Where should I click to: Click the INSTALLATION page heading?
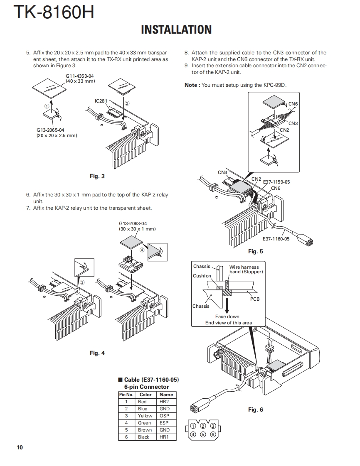click(x=176, y=29)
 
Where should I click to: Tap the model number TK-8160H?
click(x=54, y=12)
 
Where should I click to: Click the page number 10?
click(x=20, y=447)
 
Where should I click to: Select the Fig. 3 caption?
click(x=97, y=176)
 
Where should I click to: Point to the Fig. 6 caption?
click(x=256, y=410)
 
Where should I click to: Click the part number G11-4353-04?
click(x=80, y=76)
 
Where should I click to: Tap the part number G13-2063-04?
click(x=133, y=223)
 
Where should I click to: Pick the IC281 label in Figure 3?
click(x=101, y=101)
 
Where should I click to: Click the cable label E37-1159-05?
click(x=276, y=182)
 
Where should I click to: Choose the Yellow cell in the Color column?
click(x=145, y=416)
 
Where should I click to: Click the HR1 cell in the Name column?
click(x=164, y=437)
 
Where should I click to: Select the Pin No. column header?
click(x=126, y=395)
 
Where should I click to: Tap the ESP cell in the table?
click(x=164, y=423)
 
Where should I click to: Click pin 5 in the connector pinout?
click(x=203, y=435)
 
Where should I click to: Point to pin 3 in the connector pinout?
click(x=213, y=426)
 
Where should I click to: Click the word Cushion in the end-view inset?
click(x=202, y=276)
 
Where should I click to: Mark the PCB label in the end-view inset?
click(x=255, y=299)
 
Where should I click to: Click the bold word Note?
click(x=192, y=85)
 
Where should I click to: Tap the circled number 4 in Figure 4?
click(x=142, y=250)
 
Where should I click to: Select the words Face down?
click(x=227, y=316)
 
